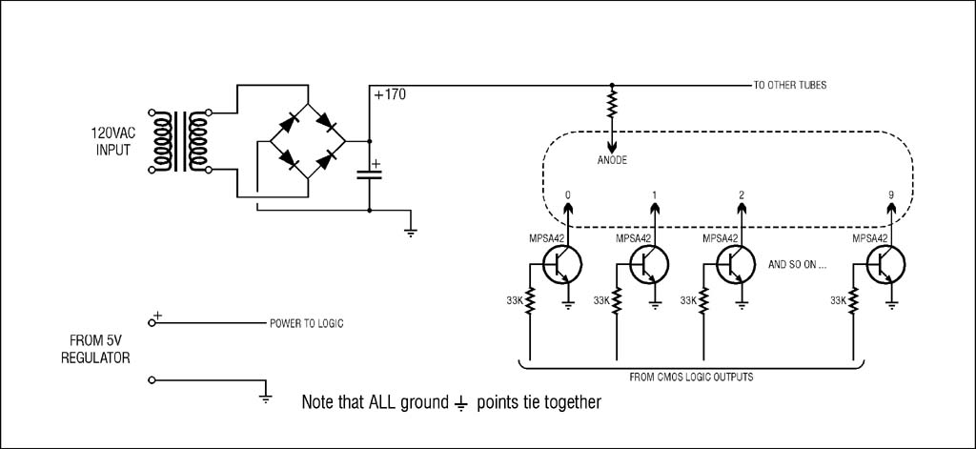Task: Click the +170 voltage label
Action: pos(390,95)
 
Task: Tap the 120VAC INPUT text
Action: pos(112,141)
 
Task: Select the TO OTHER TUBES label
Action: pos(790,85)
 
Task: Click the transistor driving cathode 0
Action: pos(561,264)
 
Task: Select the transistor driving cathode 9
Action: pos(885,264)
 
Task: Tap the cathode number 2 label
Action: pos(742,194)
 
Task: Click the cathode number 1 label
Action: pos(654,194)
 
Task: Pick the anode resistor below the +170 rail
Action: pos(612,104)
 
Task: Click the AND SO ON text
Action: pos(798,264)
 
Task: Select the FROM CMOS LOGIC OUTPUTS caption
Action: pos(691,377)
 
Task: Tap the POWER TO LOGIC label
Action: pos(306,324)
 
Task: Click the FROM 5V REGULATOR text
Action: pos(95,349)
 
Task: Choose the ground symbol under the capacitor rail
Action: pos(410,233)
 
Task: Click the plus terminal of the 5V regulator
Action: pos(152,322)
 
